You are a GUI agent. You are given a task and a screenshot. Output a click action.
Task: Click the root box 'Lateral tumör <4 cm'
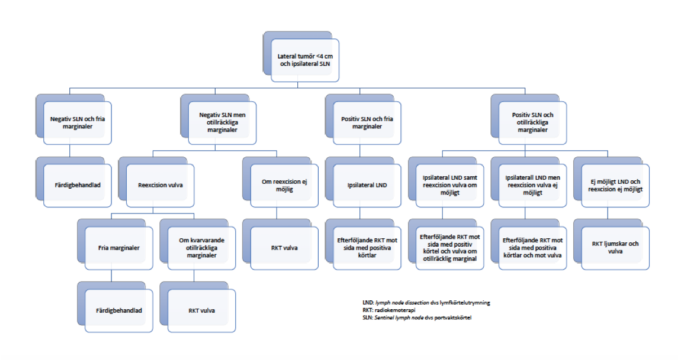305,60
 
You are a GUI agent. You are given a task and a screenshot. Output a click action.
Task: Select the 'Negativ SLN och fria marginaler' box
78,123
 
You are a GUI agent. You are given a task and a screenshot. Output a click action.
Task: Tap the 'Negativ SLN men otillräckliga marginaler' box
222,123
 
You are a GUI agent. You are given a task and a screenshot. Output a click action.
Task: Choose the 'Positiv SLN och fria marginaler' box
367,123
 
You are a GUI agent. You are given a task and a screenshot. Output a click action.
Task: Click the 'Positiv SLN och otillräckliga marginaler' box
532,123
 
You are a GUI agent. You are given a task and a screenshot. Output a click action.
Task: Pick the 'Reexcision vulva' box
160,185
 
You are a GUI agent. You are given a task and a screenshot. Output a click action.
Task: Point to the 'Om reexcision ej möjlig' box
284,185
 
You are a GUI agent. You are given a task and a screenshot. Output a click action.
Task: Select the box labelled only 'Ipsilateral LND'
367,185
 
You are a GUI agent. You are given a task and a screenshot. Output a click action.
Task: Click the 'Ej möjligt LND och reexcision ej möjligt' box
615,185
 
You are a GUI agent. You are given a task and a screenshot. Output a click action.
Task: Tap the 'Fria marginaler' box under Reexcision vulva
119,248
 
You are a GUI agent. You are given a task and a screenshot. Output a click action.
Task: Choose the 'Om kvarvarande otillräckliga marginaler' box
202,248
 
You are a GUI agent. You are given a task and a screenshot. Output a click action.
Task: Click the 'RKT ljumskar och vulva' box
615,248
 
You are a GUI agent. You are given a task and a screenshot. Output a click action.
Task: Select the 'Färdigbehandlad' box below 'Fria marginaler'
119,310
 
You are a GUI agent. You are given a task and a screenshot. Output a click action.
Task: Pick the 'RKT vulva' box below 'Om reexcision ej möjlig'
284,248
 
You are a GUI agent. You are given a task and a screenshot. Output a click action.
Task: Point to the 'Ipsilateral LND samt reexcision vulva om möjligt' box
450,185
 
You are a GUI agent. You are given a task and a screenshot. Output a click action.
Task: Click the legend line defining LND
426,303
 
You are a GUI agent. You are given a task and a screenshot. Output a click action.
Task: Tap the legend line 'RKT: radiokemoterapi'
389,310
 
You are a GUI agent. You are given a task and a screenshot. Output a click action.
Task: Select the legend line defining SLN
417,318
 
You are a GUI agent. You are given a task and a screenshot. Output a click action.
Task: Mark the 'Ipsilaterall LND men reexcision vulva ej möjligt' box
532,185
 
